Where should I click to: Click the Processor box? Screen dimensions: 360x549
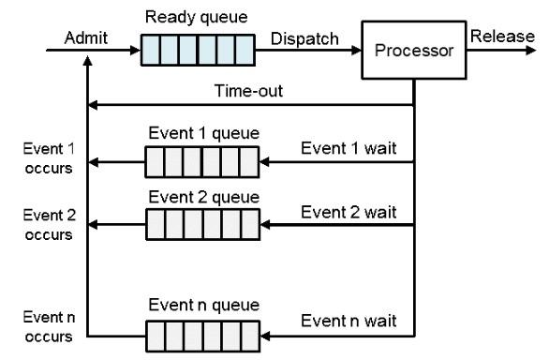point(413,51)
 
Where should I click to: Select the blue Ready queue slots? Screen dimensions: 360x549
point(198,50)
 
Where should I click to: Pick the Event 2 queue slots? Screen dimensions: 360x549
point(200,227)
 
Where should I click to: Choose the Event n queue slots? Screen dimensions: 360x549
point(200,334)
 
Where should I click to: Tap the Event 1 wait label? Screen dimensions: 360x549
point(349,147)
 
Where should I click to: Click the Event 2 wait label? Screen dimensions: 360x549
point(349,211)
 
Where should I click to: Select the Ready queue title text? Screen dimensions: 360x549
point(197,18)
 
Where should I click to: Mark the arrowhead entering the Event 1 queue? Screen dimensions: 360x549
point(264,164)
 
